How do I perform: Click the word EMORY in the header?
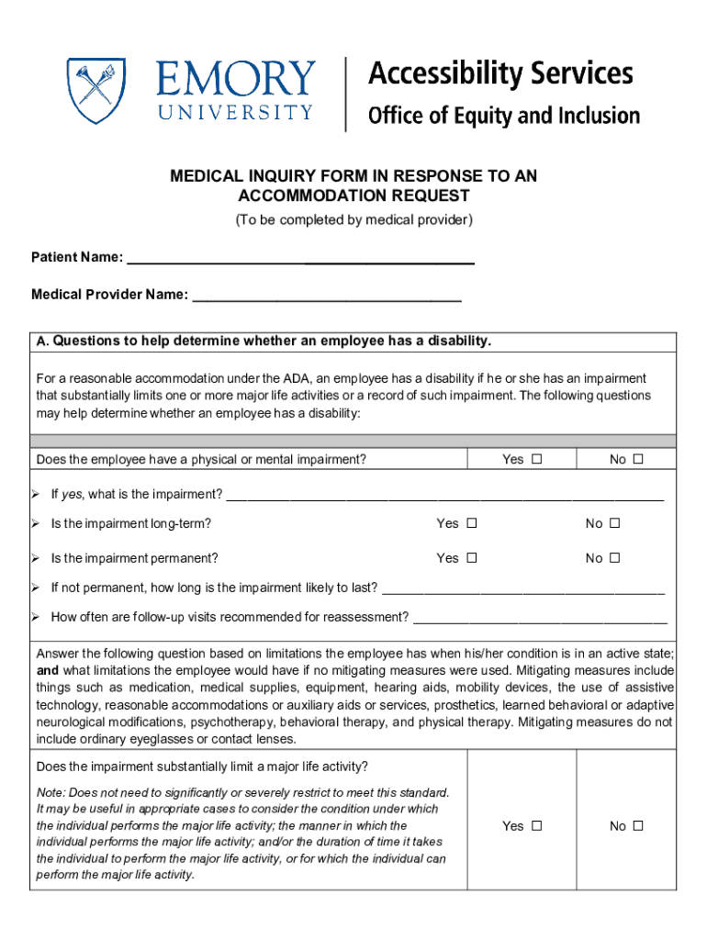tap(235, 80)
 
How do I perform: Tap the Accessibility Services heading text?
tap(500, 73)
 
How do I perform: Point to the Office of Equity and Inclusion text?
tap(503, 116)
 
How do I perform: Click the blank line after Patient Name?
tap(299, 258)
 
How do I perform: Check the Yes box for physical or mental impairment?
tap(537, 459)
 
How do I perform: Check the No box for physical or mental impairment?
tap(638, 459)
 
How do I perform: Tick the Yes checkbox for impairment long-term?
tap(472, 523)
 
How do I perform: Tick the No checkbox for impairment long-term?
tap(614, 523)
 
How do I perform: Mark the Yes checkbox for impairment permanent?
tap(472, 557)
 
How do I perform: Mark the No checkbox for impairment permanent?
tap(614, 557)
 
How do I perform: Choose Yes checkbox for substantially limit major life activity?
tap(537, 825)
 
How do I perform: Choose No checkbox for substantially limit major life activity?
tap(638, 825)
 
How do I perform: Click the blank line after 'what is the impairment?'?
tap(444, 496)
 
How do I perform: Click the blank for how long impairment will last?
tap(522, 588)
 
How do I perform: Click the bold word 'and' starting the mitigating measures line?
tap(47, 670)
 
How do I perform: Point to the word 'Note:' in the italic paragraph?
tap(50, 792)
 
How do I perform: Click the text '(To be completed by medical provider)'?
tap(353, 220)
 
